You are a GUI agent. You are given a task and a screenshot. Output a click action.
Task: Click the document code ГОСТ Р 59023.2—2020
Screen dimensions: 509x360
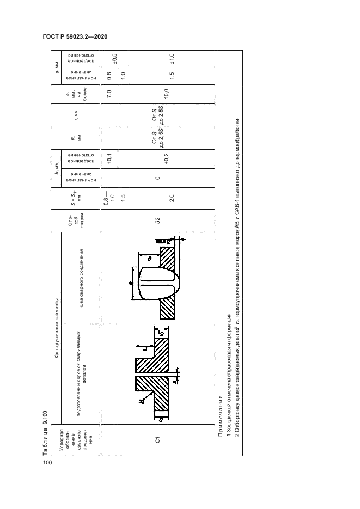[74, 36]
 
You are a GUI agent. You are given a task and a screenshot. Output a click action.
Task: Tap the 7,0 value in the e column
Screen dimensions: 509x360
[109, 95]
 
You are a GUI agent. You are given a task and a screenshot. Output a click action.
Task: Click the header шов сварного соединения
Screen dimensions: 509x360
[80, 278]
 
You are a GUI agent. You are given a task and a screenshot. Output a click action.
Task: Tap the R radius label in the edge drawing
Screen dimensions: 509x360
[141, 401]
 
